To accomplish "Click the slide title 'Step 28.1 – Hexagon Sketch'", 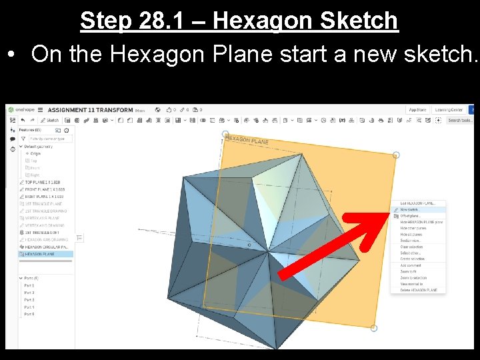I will click(239, 21).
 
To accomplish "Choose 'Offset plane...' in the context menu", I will click(411, 215).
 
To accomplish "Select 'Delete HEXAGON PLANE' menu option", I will click(419, 290).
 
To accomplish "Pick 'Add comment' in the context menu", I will click(411, 265).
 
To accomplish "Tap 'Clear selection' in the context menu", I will click(411, 247).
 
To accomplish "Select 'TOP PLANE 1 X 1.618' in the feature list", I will click(44, 182).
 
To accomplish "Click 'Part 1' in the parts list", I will click(29, 285).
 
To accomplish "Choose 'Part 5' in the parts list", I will click(29, 314).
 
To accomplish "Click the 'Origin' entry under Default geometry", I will click(35, 153).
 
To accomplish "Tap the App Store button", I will click(417, 110).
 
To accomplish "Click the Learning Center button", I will click(448, 110).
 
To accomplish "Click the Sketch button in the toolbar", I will click(51, 121).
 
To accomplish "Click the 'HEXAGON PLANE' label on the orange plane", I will click(247, 141).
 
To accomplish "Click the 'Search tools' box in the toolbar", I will click(459, 121).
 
